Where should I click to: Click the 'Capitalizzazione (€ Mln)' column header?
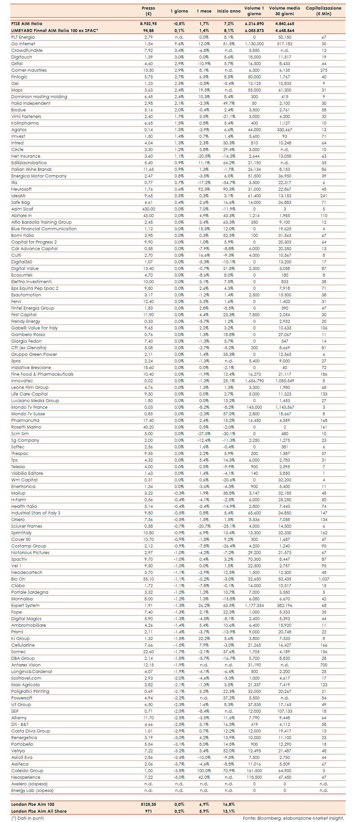(323, 11)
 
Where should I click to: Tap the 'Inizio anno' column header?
(229, 11)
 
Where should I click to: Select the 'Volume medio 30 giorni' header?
(284, 11)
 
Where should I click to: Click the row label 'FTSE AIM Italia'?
(27, 24)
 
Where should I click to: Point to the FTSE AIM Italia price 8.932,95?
(148, 24)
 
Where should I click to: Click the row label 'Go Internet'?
(23, 44)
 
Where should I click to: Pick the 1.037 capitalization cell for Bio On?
(324, 579)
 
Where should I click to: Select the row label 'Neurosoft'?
(21, 189)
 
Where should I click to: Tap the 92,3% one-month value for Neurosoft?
(204, 189)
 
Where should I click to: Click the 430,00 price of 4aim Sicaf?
(148, 209)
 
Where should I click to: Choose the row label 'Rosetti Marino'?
(26, 427)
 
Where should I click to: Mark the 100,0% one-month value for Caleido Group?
(204, 770)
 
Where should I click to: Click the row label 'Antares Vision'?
(26, 665)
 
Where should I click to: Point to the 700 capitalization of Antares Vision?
(324, 665)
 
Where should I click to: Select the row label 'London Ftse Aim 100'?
(33, 804)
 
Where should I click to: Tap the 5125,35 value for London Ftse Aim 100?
(148, 804)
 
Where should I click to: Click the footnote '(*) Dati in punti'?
(27, 818)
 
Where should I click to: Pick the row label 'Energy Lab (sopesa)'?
(32, 790)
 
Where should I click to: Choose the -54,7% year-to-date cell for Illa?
(229, 182)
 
